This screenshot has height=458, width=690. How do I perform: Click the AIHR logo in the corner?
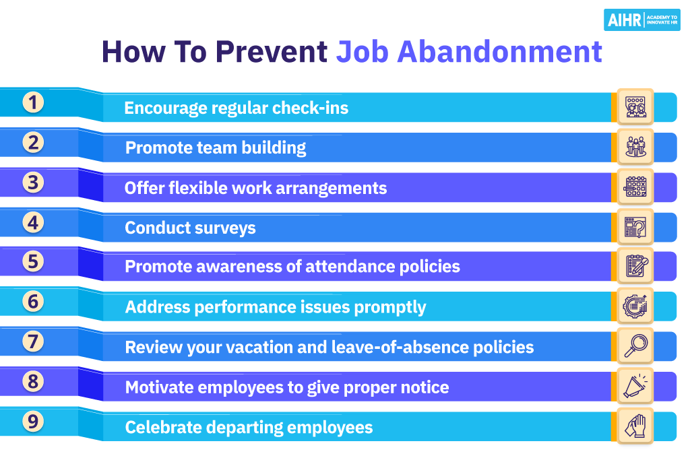coord(641,20)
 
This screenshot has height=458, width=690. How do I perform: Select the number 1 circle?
coord(33,102)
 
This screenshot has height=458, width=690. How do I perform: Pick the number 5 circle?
coord(33,261)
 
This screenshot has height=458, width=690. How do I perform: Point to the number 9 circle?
coord(33,422)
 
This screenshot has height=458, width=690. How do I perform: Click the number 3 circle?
coord(33,182)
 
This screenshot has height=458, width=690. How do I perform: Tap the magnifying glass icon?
coord(635,346)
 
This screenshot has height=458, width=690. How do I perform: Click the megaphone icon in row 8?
coord(635,386)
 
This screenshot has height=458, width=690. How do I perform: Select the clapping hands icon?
coord(635,426)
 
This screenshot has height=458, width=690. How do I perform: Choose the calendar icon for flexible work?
coord(635,187)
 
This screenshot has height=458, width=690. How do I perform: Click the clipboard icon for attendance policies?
coord(635,266)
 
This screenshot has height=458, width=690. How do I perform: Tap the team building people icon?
coord(635,147)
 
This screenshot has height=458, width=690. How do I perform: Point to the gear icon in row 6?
coord(635,306)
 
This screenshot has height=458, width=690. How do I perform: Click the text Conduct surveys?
coord(190,228)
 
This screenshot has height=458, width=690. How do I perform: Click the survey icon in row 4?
coord(635,226)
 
